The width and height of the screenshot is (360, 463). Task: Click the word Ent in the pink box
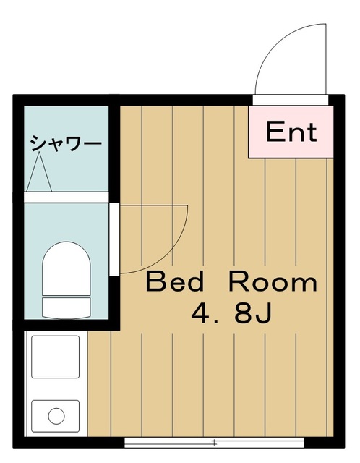click(291, 132)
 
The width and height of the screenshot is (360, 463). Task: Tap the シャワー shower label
click(65, 143)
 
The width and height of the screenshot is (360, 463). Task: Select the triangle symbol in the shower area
click(38, 171)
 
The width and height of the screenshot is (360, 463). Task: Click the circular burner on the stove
click(56, 416)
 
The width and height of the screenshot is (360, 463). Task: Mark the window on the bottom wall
click(217, 441)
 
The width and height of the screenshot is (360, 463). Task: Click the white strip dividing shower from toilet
click(67, 196)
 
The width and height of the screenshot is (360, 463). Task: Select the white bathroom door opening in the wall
click(113, 239)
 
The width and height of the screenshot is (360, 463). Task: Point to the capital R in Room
click(241, 281)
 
